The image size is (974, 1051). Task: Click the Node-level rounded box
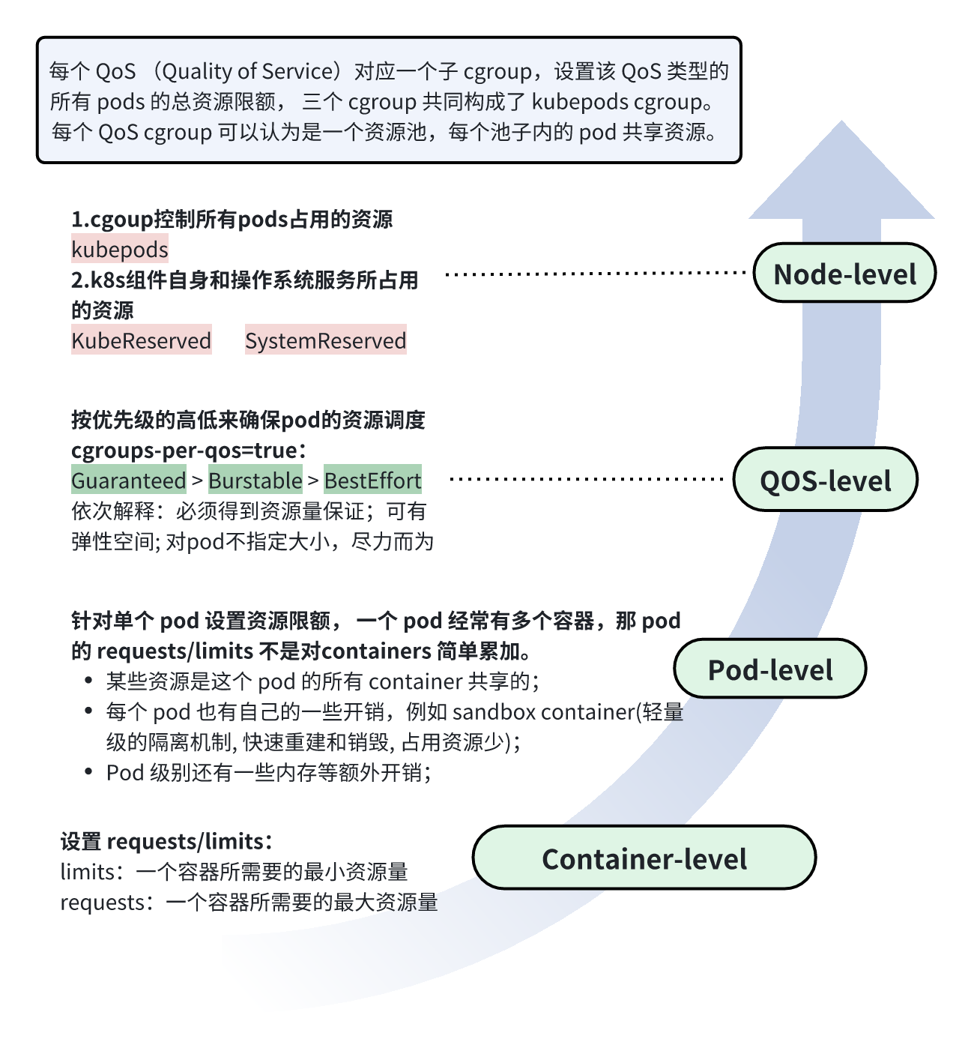point(844,274)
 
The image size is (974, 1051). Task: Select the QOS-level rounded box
point(825,480)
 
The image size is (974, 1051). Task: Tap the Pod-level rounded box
point(770,669)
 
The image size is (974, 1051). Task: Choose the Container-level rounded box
point(644,858)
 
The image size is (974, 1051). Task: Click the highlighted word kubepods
point(120,250)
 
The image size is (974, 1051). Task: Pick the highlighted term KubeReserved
point(141,341)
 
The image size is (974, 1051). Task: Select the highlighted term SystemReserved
point(325,341)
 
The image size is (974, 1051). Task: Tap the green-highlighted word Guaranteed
point(129,481)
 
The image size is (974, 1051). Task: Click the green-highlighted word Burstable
point(255,481)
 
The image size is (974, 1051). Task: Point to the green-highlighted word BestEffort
point(372,481)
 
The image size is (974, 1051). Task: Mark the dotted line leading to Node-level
point(596,274)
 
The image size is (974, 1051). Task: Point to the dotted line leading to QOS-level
point(587,478)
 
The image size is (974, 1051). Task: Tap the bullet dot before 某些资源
point(89,681)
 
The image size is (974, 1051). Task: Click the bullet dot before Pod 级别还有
point(89,772)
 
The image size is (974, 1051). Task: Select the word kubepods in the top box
point(579,102)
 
